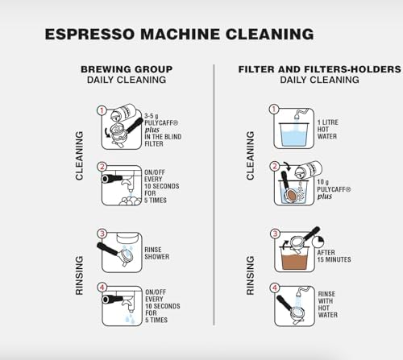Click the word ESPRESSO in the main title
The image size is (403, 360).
[89, 34]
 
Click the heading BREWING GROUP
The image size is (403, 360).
[127, 69]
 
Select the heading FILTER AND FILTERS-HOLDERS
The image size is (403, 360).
[320, 69]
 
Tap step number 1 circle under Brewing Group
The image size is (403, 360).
[102, 110]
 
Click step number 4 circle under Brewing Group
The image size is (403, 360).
[102, 288]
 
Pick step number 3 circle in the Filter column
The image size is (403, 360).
[275, 234]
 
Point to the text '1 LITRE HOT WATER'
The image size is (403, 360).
[328, 130]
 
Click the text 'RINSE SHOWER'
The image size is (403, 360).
[157, 253]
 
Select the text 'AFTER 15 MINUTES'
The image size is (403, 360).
[334, 256]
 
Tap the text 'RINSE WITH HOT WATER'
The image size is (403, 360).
[328, 304]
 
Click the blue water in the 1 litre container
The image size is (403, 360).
[293, 135]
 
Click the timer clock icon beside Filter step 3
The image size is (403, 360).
[318, 242]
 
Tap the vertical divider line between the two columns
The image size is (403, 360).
[214, 195]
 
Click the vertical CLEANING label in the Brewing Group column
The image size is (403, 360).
[79, 155]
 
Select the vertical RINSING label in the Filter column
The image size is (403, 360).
[251, 275]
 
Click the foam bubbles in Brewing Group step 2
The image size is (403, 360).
[130, 201]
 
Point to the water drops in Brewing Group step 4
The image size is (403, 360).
[130, 318]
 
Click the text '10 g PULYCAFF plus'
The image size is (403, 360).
[334, 189]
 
